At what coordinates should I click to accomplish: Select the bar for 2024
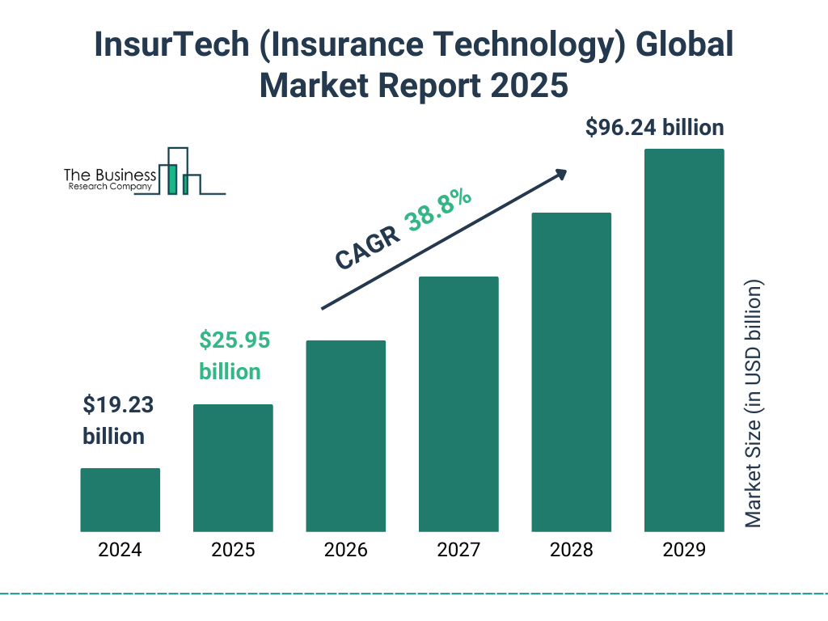tap(120, 500)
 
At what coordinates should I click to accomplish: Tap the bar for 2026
tap(345, 436)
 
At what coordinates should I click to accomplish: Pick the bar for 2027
tap(458, 404)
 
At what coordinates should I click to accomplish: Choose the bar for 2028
tap(571, 372)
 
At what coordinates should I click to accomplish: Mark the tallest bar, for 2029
tap(684, 340)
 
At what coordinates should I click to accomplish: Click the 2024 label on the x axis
tap(120, 551)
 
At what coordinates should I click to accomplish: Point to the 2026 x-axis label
tap(345, 551)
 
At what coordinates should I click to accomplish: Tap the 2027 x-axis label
tap(458, 551)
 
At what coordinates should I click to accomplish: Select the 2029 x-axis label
tap(684, 551)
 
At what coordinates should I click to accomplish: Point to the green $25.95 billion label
tap(234, 356)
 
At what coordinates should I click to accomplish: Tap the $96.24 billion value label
tap(654, 128)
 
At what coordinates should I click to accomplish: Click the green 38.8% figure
tap(439, 212)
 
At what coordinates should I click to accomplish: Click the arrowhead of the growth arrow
tap(560, 173)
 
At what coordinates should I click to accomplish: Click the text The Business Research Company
tap(110, 180)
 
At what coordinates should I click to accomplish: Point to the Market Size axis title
tap(754, 404)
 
